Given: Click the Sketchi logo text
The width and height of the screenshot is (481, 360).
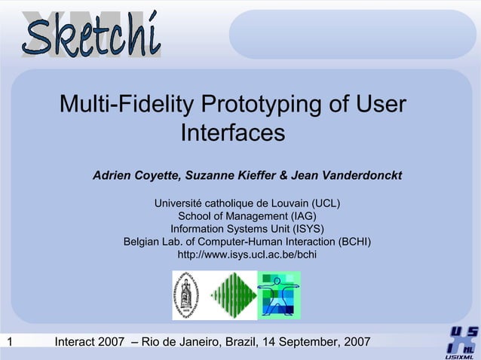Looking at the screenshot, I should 91,34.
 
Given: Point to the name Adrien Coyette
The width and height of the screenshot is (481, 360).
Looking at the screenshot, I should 134,175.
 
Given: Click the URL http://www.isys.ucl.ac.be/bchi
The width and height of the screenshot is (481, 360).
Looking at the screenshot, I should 247,255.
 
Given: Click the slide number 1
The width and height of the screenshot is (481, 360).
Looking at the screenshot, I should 9,343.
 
